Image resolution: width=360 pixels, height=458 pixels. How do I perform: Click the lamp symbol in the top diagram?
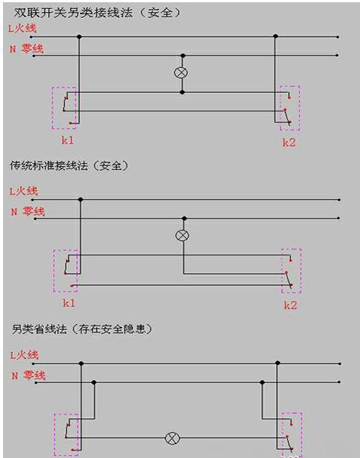(181, 73)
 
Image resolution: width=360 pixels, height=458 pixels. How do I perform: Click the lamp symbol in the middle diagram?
(182, 236)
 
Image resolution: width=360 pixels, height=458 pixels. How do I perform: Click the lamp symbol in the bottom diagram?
(172, 438)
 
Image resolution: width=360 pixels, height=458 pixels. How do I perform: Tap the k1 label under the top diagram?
(67, 140)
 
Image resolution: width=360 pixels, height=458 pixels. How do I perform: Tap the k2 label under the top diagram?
(289, 142)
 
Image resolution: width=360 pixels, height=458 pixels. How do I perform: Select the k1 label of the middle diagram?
(69, 303)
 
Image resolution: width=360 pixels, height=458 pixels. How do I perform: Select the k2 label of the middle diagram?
(290, 305)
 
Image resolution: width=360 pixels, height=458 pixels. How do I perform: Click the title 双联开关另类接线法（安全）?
(97, 12)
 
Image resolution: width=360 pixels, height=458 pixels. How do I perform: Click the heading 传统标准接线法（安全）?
(70, 165)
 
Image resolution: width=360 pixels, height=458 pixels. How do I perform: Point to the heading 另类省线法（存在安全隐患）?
(82, 329)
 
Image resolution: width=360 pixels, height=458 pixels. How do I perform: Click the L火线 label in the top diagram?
(22, 28)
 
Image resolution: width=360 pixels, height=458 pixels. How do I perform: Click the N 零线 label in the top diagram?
(27, 49)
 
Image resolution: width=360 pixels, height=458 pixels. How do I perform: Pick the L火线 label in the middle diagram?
(24, 192)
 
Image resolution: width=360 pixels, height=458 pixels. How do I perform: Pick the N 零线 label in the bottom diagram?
(28, 376)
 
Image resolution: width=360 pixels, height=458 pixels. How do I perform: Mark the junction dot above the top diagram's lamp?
(183, 55)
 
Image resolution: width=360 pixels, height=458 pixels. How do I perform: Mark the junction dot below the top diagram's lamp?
(183, 92)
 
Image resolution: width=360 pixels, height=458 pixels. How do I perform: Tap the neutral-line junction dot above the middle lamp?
(184, 219)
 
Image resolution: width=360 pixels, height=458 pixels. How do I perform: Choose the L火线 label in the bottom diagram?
(24, 355)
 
